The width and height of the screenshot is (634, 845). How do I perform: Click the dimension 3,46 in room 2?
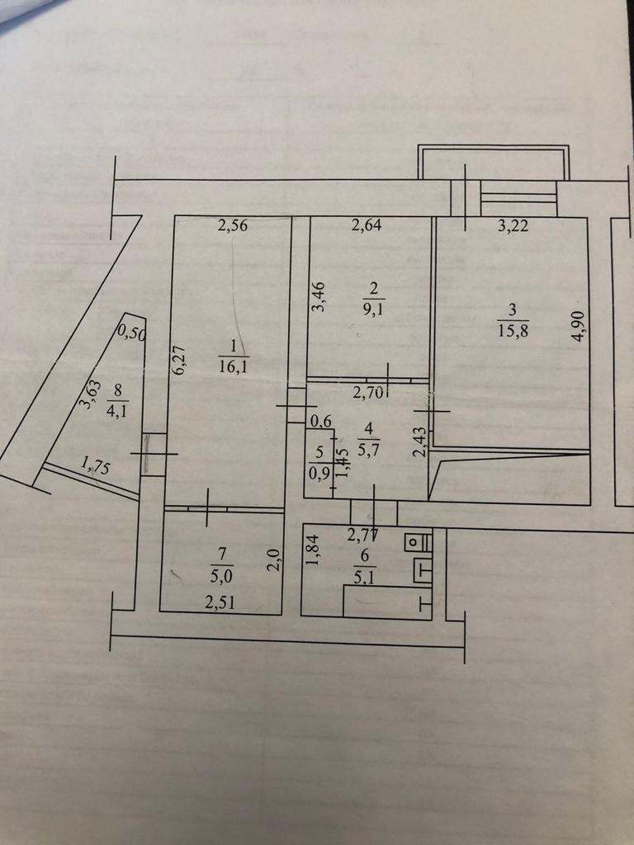click(x=319, y=298)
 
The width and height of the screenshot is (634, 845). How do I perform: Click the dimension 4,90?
click(x=580, y=324)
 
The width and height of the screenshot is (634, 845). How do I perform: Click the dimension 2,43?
click(x=420, y=441)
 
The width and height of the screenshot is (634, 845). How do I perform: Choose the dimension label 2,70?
click(x=367, y=394)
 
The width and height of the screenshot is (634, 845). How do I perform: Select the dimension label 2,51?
click(x=220, y=602)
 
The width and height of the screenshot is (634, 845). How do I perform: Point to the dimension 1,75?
click(x=95, y=465)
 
